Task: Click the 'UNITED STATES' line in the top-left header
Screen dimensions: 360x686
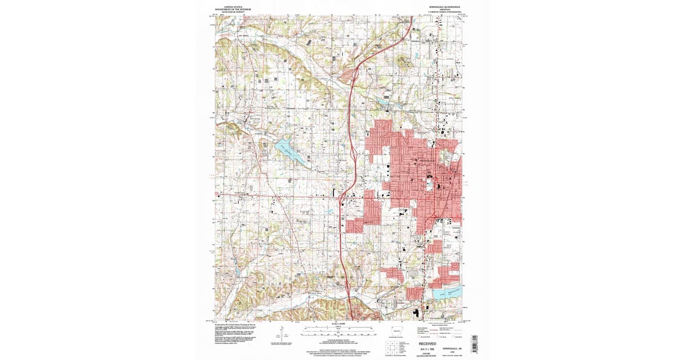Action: (x=236, y=5)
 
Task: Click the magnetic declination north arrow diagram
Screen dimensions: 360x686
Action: (x=283, y=334)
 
